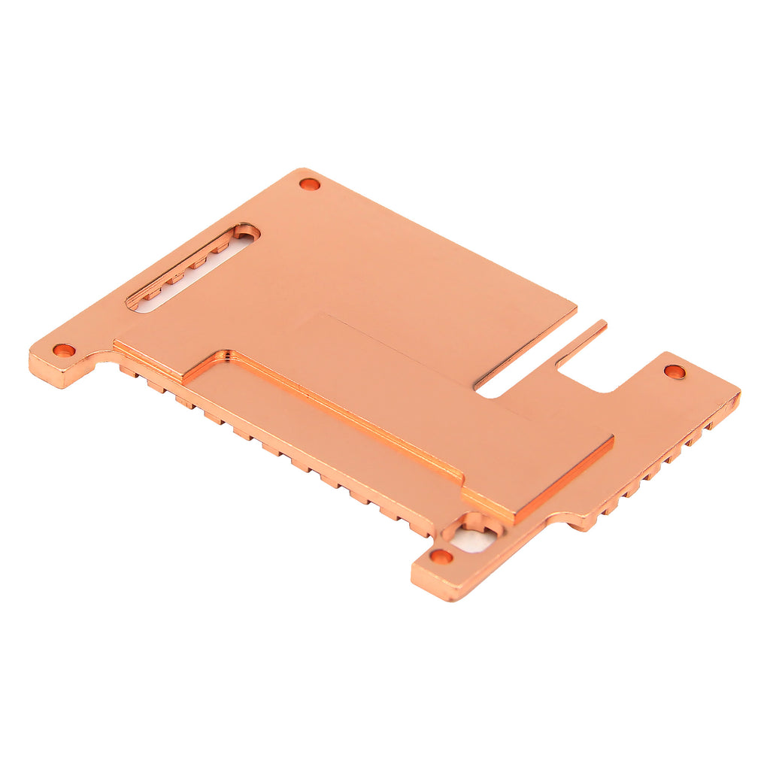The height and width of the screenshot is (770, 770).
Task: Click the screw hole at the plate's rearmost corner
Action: (x=309, y=183)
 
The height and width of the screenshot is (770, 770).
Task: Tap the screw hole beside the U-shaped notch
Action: (x=675, y=371)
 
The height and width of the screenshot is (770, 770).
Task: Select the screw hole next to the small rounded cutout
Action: (x=441, y=556)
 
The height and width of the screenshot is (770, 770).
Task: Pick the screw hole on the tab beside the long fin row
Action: (x=64, y=350)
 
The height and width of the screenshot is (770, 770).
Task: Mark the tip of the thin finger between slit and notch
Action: (x=602, y=325)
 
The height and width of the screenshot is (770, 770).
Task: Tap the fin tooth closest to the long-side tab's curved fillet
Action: (x=128, y=371)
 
